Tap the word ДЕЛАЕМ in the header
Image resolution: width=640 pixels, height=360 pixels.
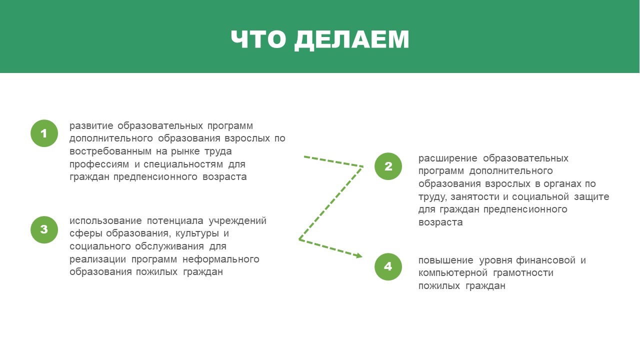(x=352, y=40)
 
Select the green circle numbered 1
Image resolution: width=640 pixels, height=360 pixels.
(x=44, y=133)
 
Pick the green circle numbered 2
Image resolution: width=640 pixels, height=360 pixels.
(x=388, y=166)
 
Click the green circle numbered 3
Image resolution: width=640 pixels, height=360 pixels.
(x=44, y=229)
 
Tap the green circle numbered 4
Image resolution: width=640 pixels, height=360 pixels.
(x=388, y=266)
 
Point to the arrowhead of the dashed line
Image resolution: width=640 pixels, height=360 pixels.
(x=359, y=255)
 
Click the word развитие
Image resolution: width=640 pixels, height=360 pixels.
(x=91, y=126)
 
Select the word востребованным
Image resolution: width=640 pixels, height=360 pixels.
(x=110, y=151)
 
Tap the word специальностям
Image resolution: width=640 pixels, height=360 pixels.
(x=183, y=164)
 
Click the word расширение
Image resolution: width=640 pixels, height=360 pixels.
(x=447, y=158)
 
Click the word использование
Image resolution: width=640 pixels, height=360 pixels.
(x=105, y=221)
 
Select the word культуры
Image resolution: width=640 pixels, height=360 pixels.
(x=197, y=233)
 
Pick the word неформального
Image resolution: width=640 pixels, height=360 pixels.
(x=221, y=259)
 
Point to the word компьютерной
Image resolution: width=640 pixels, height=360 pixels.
(x=453, y=273)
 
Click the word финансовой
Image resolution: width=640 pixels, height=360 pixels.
(x=545, y=260)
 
